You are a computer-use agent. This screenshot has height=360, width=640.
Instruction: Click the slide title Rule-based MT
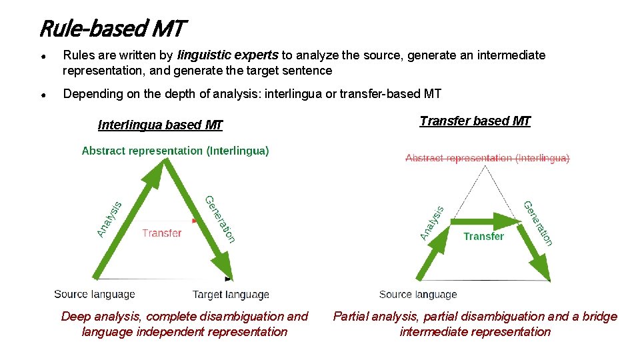coord(111,29)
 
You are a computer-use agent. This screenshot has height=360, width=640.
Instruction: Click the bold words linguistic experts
coord(229,55)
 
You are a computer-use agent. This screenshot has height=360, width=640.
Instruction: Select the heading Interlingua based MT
coord(160,125)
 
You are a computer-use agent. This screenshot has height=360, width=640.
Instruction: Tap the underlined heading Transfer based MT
coord(475,121)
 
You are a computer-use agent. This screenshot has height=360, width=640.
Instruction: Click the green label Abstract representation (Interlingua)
coord(175,151)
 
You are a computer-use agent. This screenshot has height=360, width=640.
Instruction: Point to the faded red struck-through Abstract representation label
coord(487,158)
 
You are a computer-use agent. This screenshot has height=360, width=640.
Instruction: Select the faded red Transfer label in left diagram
coord(161,233)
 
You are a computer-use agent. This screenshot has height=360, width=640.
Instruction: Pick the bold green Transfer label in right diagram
coord(483,236)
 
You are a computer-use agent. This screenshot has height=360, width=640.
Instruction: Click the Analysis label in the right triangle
coord(432,223)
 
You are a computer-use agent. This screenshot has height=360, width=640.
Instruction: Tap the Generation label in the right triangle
coord(538,223)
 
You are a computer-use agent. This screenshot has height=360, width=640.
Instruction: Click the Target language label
coord(231,294)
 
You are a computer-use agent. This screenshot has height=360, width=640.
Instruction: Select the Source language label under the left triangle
coord(95,294)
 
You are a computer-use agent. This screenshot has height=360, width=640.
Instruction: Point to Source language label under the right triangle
coord(418,294)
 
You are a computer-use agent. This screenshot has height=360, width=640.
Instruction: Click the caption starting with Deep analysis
coord(185,324)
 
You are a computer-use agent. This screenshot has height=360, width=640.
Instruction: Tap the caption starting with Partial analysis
coord(475,324)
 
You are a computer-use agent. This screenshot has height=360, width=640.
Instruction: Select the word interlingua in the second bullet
coord(293,94)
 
